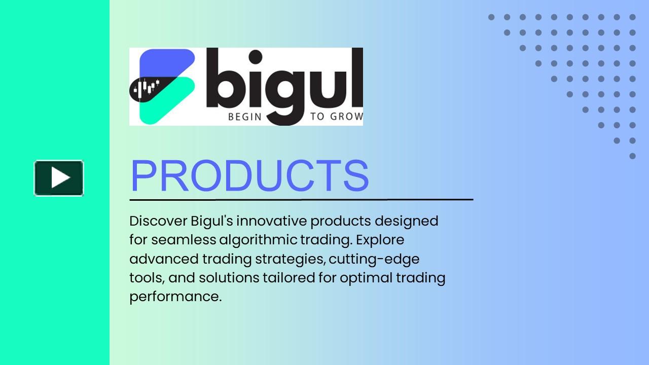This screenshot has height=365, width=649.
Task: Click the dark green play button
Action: [59, 178]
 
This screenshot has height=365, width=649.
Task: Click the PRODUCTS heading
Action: [249, 176]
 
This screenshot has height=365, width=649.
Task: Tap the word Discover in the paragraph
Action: [158, 221]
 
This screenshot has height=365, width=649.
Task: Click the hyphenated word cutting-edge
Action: [374, 259]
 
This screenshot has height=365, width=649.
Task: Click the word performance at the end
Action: [175, 297]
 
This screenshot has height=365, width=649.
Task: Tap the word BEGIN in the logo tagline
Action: [244, 117]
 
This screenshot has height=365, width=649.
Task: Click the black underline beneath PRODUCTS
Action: [301, 200]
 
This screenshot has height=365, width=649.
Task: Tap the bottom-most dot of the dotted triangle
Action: [632, 156]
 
